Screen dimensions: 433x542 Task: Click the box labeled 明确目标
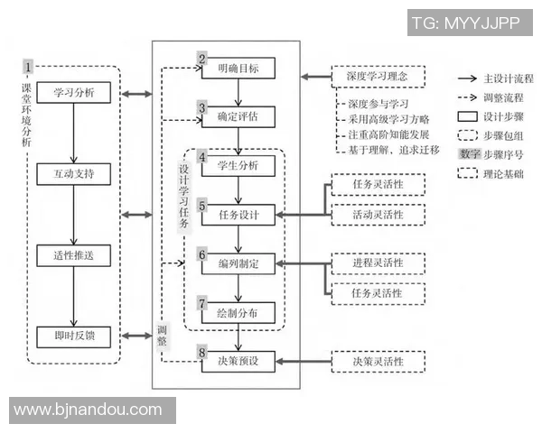click(238, 68)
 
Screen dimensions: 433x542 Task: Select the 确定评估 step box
click(238, 116)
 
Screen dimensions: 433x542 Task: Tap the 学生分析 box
click(238, 166)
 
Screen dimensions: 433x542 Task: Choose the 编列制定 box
click(238, 264)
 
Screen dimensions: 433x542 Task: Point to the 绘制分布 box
click(238, 313)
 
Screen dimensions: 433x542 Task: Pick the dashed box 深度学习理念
click(377, 78)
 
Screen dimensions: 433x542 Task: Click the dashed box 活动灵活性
click(378, 215)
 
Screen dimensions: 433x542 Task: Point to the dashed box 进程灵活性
click(378, 263)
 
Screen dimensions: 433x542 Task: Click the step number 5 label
click(203, 205)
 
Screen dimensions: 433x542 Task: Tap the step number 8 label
click(203, 353)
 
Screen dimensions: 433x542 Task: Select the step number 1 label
click(29, 69)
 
